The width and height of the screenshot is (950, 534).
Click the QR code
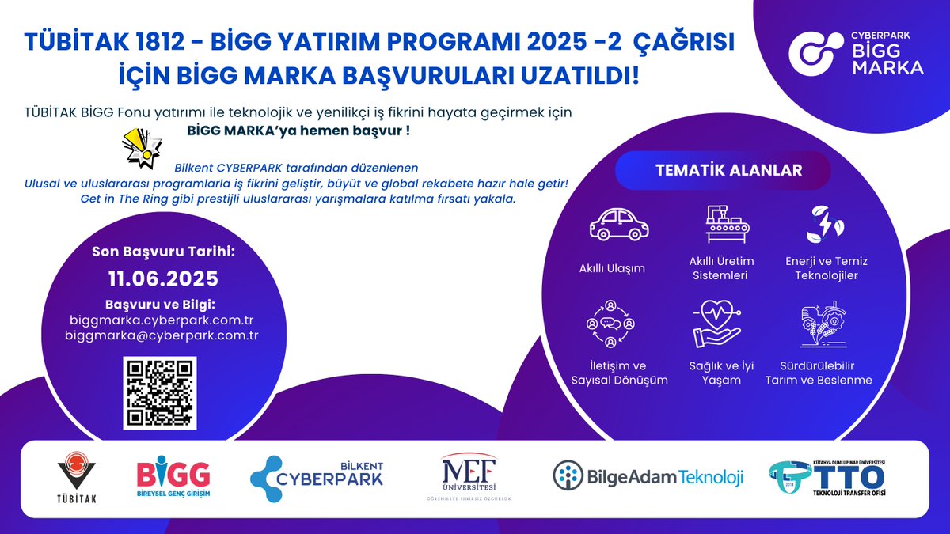tap(159, 393)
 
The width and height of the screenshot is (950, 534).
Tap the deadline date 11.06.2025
tap(163, 279)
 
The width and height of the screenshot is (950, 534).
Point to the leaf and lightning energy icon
tap(822, 225)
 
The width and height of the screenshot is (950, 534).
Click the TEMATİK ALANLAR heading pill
tap(728, 170)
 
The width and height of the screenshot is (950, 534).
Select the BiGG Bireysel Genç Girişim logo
tap(173, 479)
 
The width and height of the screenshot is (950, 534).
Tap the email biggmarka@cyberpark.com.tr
tap(163, 335)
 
